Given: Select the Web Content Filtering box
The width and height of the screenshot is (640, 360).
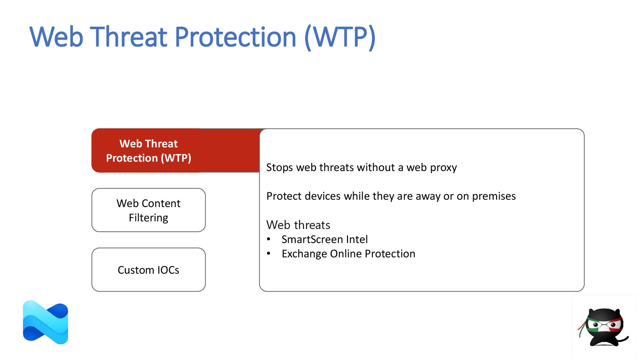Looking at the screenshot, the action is tap(148, 210).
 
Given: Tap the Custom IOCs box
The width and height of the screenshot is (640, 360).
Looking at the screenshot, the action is tap(148, 270).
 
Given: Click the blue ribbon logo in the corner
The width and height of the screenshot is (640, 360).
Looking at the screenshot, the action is tap(45, 322).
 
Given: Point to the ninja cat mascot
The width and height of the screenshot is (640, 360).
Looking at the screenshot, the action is tap(603, 327).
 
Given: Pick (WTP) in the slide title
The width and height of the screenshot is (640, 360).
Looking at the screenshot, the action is tap(340, 37).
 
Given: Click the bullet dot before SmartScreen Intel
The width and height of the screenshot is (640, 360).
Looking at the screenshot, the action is tap(269, 239).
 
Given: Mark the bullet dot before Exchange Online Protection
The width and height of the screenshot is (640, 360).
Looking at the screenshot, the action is tap(269, 254).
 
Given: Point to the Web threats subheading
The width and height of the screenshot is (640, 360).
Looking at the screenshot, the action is tap(298, 225).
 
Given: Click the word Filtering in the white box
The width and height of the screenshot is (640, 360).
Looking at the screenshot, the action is tap(148, 218).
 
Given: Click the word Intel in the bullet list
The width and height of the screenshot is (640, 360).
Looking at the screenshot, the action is tap(357, 239).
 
